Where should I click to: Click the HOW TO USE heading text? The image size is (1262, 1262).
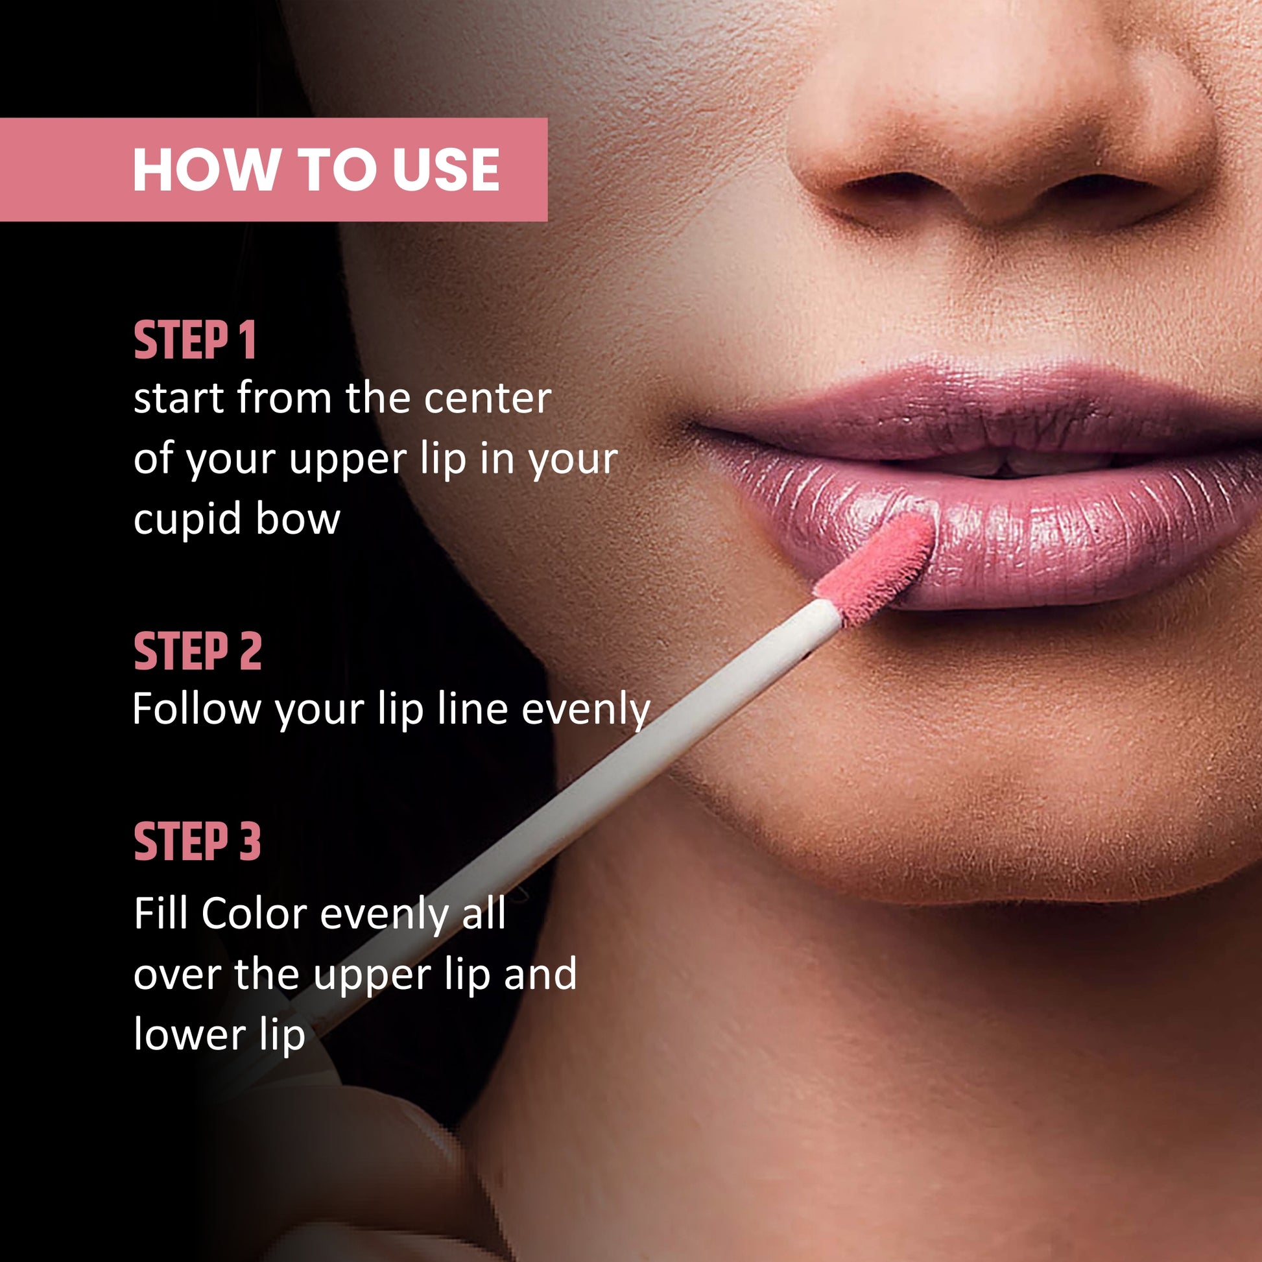point(316,170)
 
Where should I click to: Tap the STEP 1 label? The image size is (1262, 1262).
point(195,340)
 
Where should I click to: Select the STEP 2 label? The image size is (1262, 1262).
point(197,651)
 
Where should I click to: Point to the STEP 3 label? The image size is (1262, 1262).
point(197,842)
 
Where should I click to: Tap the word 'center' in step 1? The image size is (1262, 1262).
point(488,398)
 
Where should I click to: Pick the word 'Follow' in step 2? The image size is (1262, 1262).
point(196,708)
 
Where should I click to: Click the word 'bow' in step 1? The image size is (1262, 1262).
point(298,519)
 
